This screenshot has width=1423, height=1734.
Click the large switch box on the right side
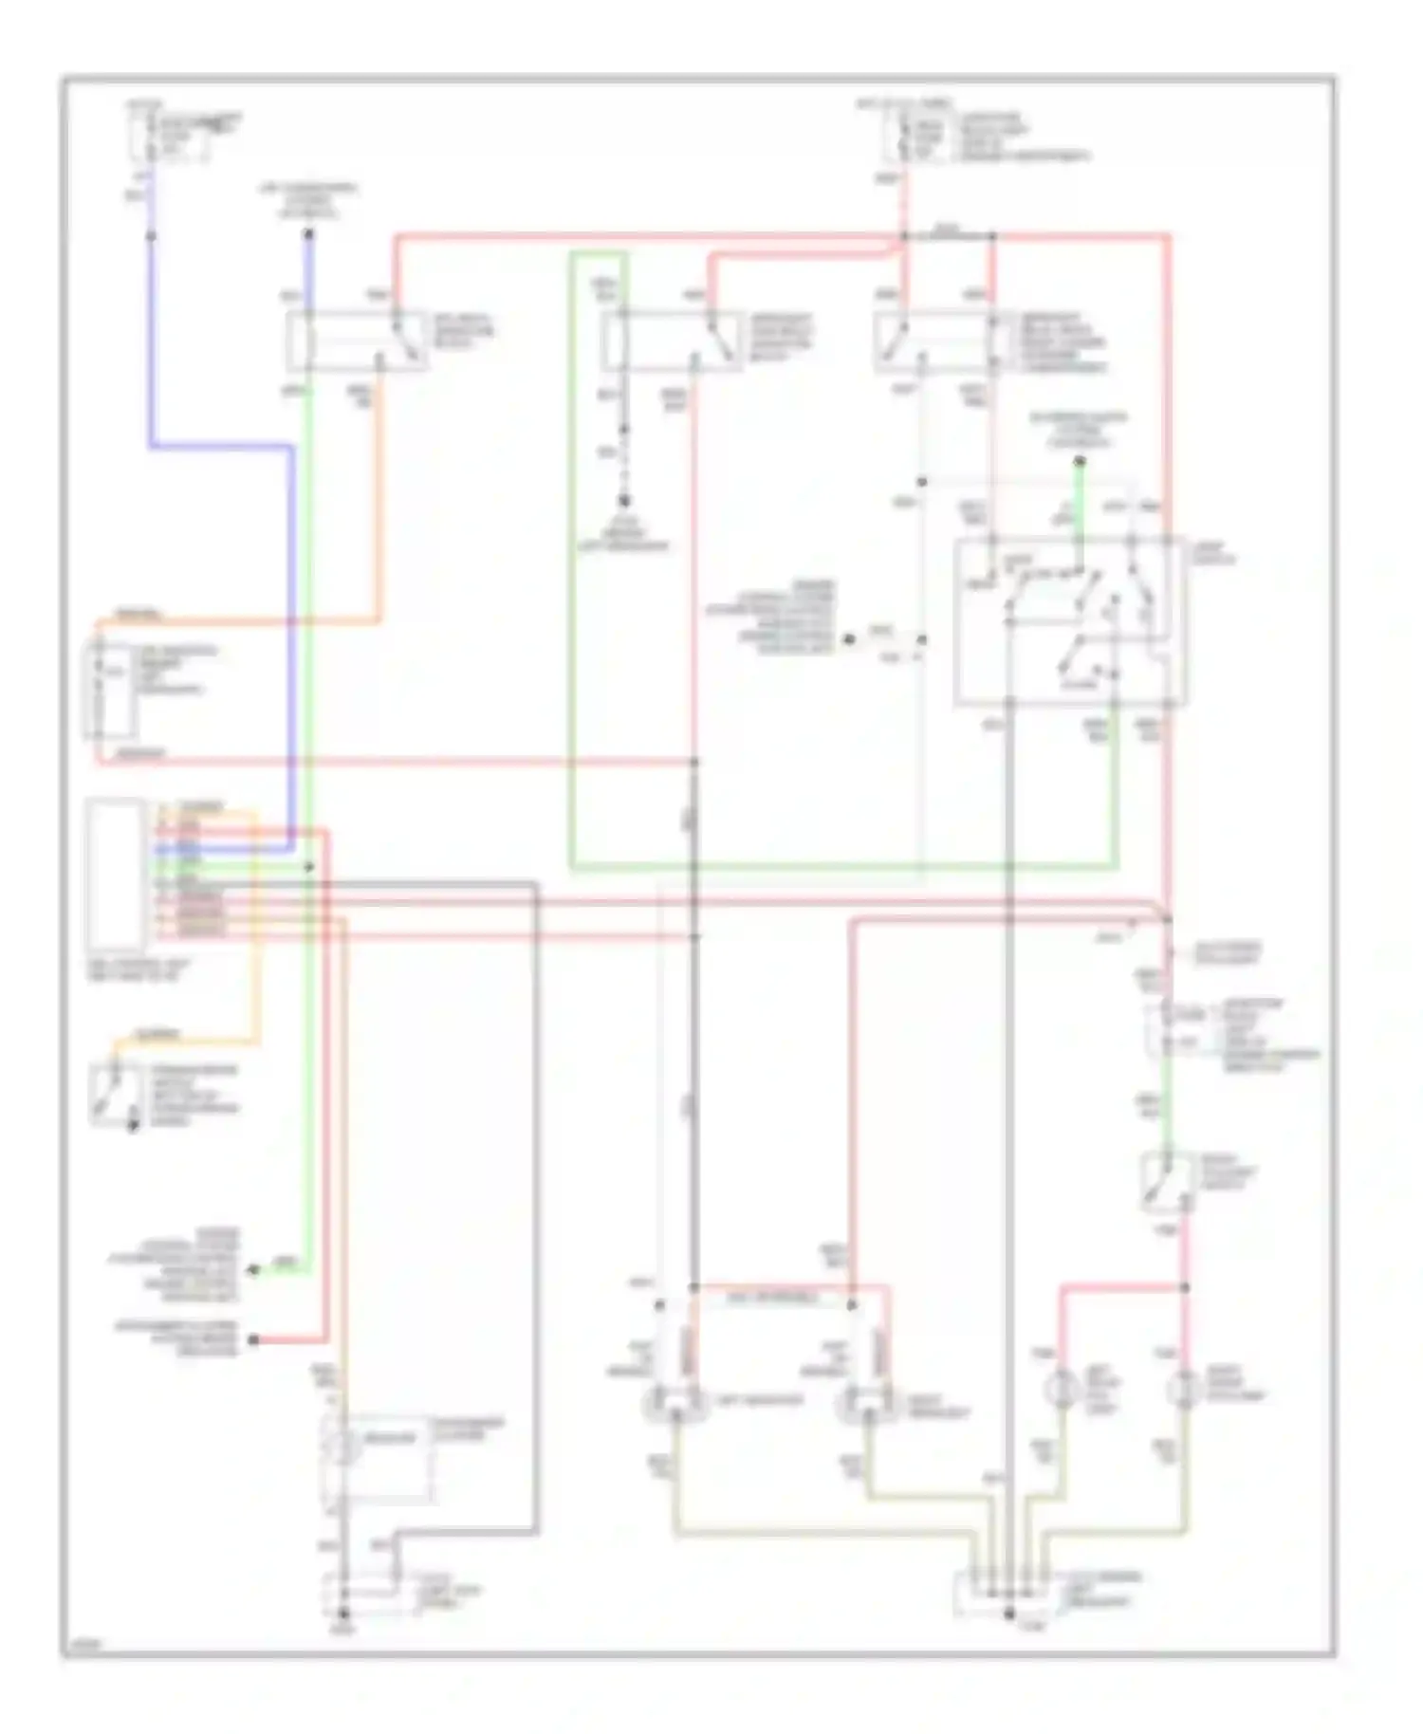1069,622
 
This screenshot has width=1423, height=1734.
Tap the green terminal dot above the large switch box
1080,462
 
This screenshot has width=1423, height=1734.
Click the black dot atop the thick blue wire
308,231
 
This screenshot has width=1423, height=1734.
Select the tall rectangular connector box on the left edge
116,874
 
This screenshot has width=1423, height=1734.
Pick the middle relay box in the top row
671,340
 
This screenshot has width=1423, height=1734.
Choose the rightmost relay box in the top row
939,340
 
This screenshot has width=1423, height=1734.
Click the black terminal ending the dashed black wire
624,501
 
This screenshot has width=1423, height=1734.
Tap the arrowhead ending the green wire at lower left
253,1269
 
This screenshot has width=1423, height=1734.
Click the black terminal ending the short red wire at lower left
253,1339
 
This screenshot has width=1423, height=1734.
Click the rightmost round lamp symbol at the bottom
1185,1389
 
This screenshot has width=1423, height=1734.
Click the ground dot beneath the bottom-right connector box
1009,1614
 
